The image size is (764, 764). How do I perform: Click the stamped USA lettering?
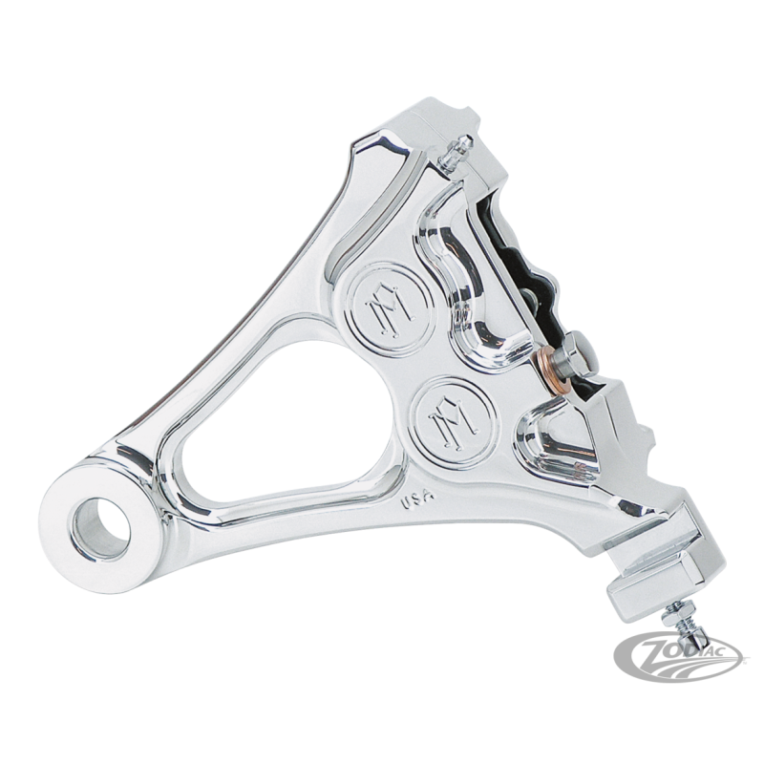coord(416,499)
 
